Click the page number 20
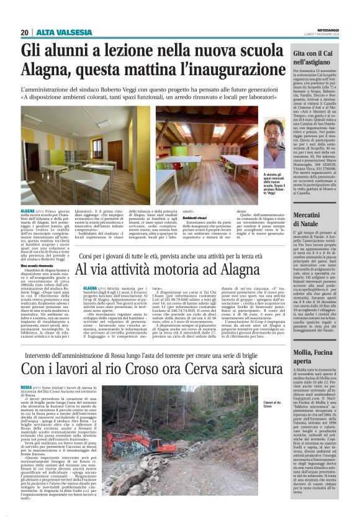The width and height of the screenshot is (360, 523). coord(24,32)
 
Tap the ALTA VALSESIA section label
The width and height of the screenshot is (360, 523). coord(56,32)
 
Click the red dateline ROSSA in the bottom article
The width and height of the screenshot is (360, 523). coord(27,388)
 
